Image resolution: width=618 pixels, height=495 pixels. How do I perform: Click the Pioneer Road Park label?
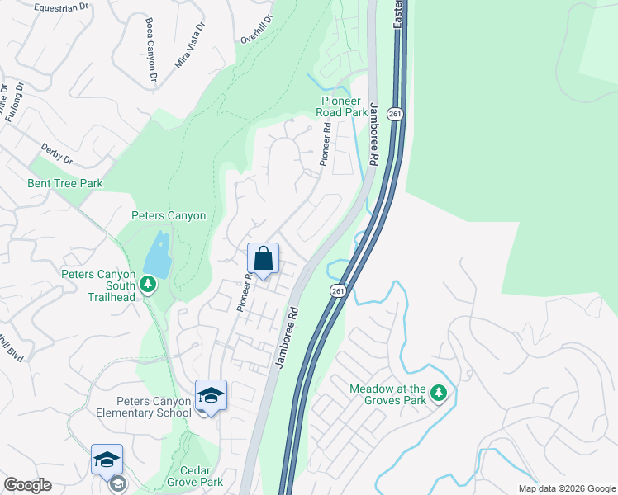tap(356, 107)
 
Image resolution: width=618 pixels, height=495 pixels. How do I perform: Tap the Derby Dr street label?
tap(57, 153)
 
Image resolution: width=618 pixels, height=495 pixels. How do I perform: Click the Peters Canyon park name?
tap(169, 216)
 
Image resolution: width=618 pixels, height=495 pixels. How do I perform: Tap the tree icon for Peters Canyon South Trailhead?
tap(148, 285)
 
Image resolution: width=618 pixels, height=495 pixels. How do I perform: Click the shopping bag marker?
tap(263, 259)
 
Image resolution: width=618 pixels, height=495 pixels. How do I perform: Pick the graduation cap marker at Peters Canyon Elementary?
tap(211, 396)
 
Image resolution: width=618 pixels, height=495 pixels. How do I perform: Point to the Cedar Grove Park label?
tap(195, 475)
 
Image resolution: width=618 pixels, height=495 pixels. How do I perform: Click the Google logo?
tap(27, 485)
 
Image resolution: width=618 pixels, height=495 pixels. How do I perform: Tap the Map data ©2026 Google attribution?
tap(566, 488)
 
